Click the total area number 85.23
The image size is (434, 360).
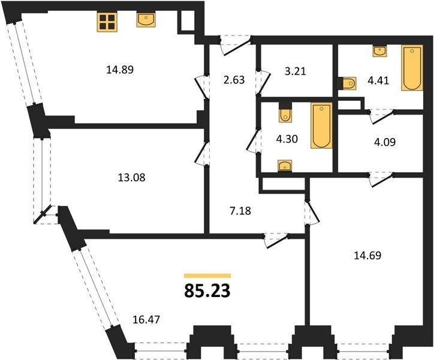[x=207, y=291]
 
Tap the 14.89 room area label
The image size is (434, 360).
[x=120, y=70]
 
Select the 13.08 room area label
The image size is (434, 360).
[x=131, y=178]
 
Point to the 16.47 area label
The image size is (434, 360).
[x=146, y=320]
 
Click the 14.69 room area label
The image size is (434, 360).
[x=367, y=255]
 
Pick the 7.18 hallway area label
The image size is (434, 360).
[x=240, y=211]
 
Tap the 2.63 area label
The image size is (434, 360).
[x=234, y=80]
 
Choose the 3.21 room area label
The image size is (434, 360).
[x=296, y=71]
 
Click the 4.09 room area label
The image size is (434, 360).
[x=385, y=142]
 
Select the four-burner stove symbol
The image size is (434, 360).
[x=107, y=22]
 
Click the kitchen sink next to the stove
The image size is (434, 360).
[x=146, y=19]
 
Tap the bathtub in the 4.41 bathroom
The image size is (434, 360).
[x=412, y=68]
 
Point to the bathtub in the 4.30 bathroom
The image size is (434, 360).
[x=321, y=125]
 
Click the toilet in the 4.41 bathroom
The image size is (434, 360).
[x=346, y=83]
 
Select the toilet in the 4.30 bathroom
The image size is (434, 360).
[x=285, y=112]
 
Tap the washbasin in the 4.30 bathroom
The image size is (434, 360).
[x=285, y=166]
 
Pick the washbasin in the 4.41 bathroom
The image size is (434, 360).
[x=380, y=51]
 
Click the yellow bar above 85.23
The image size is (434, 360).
[x=207, y=275]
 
